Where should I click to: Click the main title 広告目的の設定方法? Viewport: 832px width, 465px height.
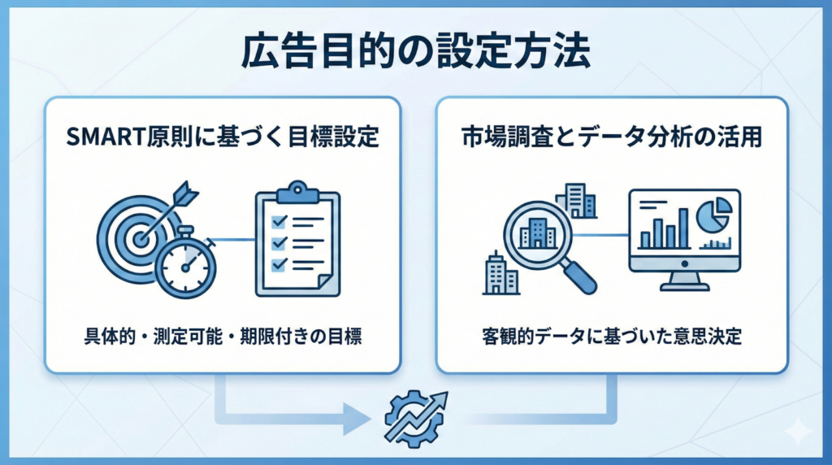pyautogui.click(x=415, y=53)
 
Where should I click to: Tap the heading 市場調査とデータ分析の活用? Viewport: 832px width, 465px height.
pyautogui.click(x=611, y=136)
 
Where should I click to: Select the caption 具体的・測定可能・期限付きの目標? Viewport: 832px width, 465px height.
pyautogui.click(x=222, y=337)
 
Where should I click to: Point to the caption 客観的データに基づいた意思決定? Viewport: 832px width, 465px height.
pyautogui.click(x=612, y=337)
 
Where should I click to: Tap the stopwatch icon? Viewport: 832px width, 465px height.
pyautogui.click(x=185, y=267)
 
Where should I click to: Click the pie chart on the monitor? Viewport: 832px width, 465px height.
pyautogui.click(x=713, y=215)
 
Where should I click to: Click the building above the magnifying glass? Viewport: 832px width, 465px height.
pyautogui.click(x=576, y=201)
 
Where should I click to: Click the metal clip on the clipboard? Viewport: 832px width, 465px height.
pyautogui.click(x=297, y=193)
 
